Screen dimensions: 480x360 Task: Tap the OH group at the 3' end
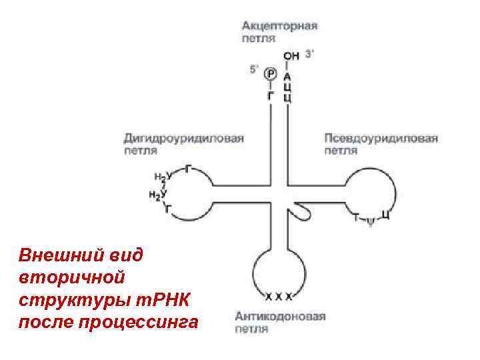tap(291, 56)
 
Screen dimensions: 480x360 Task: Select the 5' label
tap(254, 68)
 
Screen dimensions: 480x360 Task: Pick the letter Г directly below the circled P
tap(270, 96)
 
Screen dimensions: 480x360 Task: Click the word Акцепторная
tap(279, 26)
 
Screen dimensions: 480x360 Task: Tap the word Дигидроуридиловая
tap(183, 138)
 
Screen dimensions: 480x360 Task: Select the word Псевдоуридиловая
tap(381, 138)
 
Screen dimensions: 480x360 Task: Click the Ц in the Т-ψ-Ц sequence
tap(386, 214)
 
